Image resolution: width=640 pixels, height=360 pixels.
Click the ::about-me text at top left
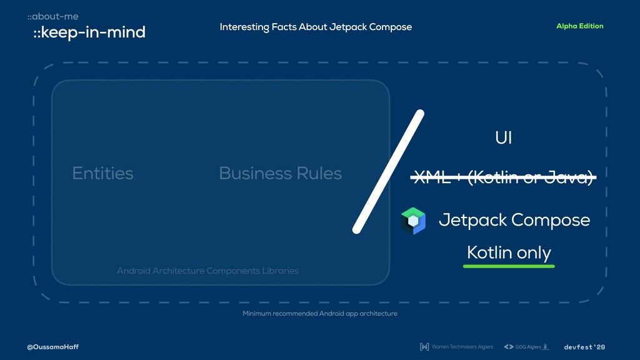(52, 16)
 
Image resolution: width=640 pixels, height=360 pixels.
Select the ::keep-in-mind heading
(89, 32)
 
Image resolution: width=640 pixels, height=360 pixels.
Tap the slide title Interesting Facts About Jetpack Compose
(316, 27)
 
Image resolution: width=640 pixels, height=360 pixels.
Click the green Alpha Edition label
(579, 26)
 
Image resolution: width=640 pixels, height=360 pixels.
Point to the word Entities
(102, 173)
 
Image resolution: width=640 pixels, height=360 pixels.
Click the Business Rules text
(280, 173)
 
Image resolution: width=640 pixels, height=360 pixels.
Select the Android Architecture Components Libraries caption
(207, 271)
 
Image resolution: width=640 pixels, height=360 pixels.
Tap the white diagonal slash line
(388, 172)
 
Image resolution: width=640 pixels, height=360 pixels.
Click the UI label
(503, 138)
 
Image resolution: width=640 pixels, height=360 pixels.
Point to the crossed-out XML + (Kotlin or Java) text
(503, 178)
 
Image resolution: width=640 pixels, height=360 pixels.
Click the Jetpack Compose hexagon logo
(413, 221)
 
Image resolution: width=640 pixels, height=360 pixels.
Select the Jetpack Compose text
(514, 220)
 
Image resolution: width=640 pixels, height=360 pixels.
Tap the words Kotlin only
(509, 252)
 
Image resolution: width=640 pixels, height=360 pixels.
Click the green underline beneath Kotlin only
(509, 266)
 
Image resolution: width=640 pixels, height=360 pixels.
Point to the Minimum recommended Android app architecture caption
(320, 313)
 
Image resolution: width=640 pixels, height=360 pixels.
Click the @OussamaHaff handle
(52, 347)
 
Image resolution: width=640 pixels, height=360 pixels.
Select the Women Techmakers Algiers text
(462, 347)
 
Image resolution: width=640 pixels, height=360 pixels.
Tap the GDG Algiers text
(528, 347)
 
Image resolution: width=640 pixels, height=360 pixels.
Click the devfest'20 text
(584, 347)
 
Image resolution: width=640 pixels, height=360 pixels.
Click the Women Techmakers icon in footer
(424, 347)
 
